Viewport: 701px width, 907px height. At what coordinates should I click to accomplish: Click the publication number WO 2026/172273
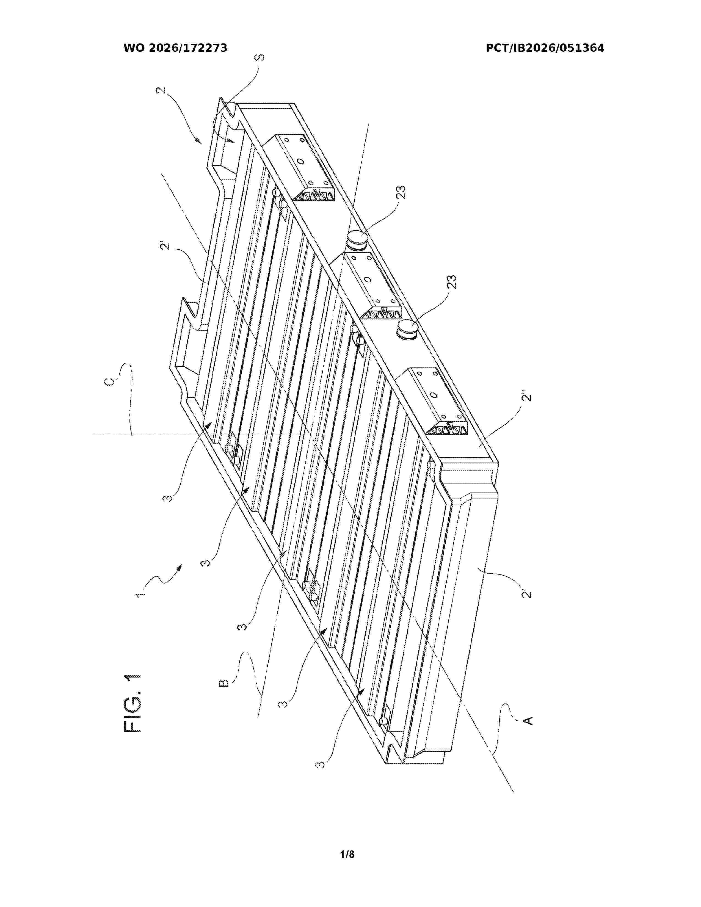coord(175,48)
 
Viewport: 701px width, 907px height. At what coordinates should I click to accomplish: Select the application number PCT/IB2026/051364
coord(545,48)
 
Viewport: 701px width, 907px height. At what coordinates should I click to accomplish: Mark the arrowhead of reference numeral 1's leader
coord(181,566)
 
